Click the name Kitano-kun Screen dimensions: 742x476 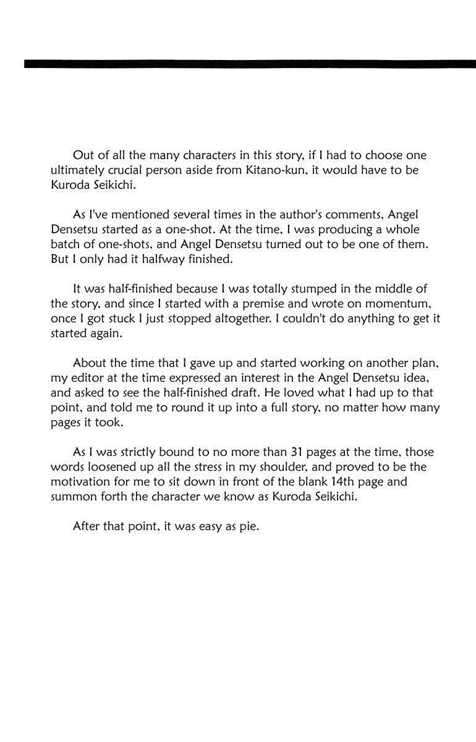coord(276,169)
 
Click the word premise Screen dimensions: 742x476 coord(258,304)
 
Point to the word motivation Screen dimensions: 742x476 coord(82,482)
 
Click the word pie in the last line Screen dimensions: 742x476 coord(248,527)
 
